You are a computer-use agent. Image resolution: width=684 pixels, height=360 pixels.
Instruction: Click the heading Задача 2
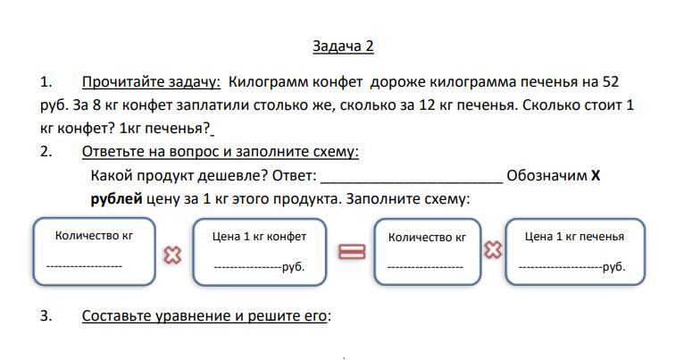point(343,46)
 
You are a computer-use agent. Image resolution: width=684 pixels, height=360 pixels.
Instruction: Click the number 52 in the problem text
point(611,82)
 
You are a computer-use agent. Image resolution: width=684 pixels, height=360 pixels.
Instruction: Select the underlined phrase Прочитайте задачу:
point(151,82)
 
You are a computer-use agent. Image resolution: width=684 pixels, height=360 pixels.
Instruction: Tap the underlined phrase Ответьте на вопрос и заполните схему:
point(220,152)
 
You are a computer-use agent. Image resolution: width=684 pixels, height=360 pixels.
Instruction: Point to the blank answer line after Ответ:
point(412,176)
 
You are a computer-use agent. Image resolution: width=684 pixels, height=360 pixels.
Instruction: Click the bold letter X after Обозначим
point(596,175)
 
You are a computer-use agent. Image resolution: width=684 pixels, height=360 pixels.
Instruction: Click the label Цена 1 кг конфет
point(259,237)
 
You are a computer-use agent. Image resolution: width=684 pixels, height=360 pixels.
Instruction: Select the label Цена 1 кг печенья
point(574,237)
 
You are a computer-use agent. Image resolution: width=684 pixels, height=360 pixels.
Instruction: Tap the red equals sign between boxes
point(352,252)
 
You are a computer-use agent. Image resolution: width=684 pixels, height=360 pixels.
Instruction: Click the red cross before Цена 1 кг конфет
point(173,255)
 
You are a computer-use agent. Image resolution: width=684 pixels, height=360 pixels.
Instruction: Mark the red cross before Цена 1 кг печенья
point(492,250)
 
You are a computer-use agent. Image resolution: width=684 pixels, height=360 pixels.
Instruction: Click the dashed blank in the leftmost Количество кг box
point(84,266)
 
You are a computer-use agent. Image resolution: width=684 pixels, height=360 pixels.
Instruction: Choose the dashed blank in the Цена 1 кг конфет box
point(247,267)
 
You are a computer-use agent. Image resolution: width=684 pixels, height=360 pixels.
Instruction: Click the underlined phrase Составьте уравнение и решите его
point(204,315)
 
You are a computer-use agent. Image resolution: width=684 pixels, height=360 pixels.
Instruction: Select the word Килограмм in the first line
point(264,82)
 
